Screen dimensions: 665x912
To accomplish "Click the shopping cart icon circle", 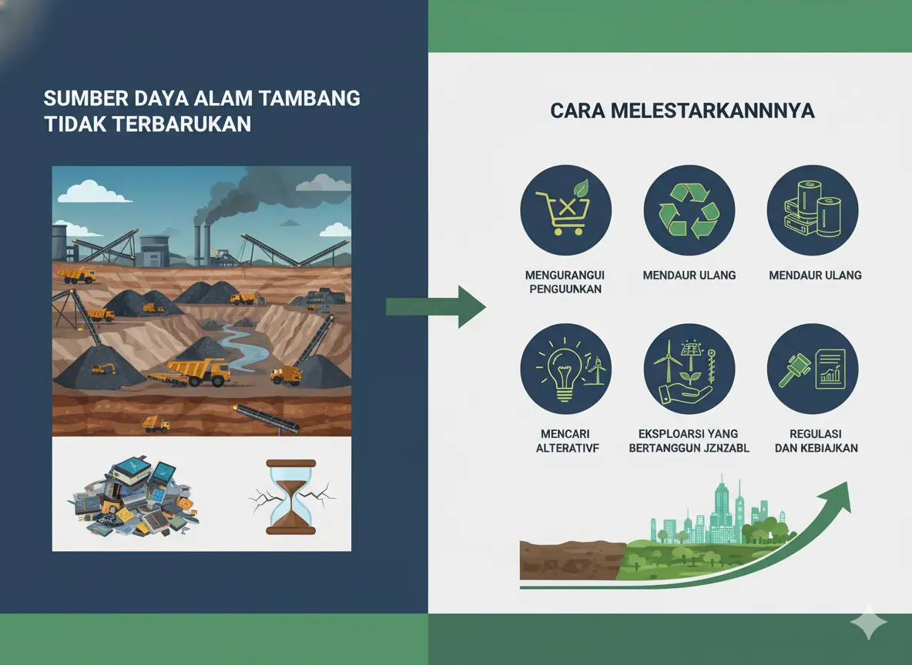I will (x=566, y=210).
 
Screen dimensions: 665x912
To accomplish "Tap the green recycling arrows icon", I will (x=689, y=210).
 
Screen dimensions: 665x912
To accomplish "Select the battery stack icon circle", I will (x=813, y=210).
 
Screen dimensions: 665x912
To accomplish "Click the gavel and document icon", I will (x=813, y=369).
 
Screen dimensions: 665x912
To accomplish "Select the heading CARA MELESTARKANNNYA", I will (x=682, y=111).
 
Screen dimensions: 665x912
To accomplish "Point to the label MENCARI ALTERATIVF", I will (x=567, y=441).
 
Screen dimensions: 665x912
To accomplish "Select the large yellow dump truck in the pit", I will (x=199, y=372).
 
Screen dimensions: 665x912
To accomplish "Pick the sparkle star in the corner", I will (x=868, y=623).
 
